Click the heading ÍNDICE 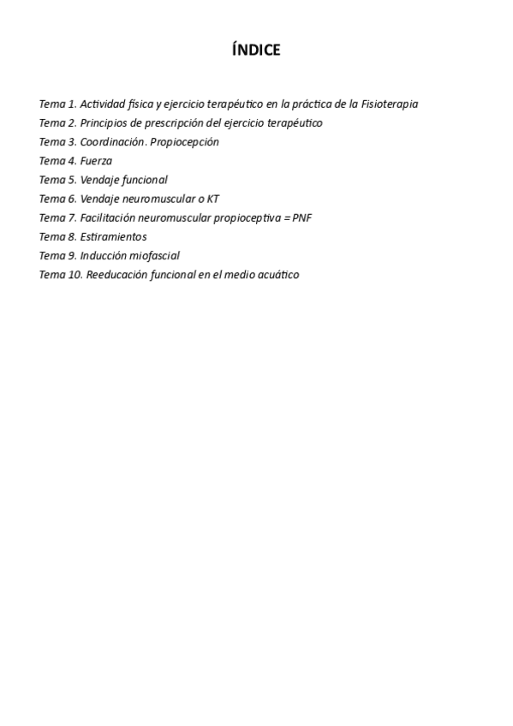click(x=256, y=51)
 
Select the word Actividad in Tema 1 click(x=103, y=104)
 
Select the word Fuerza click(x=96, y=161)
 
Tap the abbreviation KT click(x=212, y=199)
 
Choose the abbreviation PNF click(x=301, y=217)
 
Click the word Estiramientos click(x=113, y=236)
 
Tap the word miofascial click(x=155, y=255)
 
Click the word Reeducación click(x=116, y=275)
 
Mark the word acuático click(x=279, y=275)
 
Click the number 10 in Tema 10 click(x=75, y=275)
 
